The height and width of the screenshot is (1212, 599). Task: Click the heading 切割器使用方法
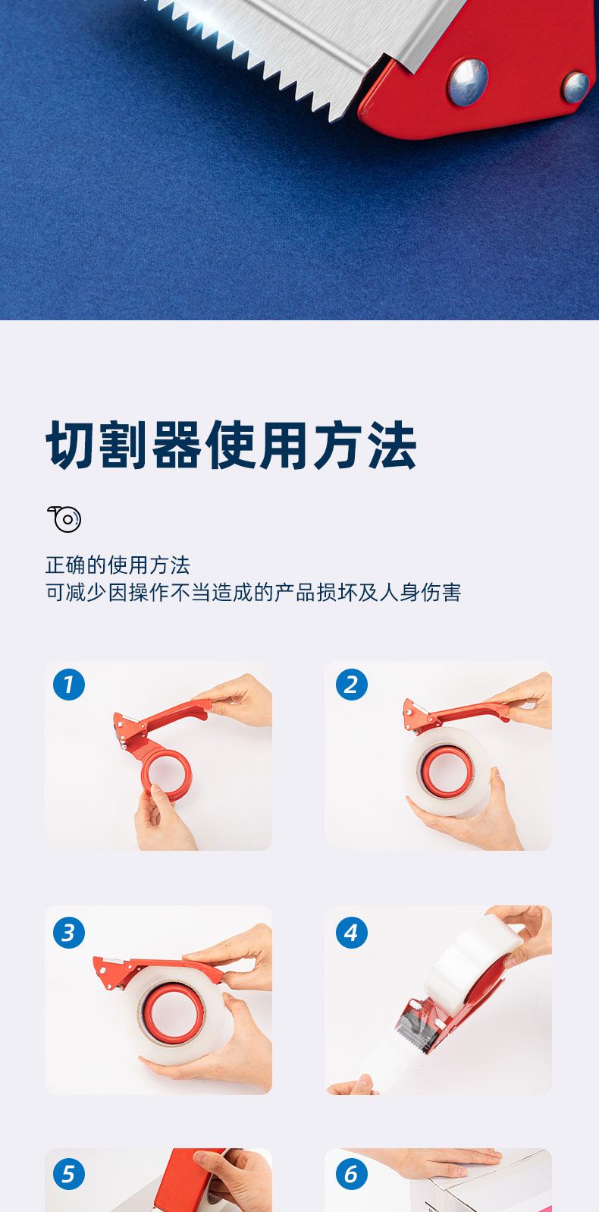pyautogui.click(x=231, y=445)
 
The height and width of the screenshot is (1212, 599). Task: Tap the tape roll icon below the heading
pyautogui.click(x=64, y=519)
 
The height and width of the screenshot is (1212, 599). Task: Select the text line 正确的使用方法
pyautogui.click(x=118, y=565)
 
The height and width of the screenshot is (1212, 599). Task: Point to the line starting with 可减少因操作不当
pyautogui.click(x=253, y=593)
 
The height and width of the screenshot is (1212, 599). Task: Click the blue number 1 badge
pyautogui.click(x=69, y=685)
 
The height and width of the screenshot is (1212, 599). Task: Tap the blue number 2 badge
pyautogui.click(x=351, y=685)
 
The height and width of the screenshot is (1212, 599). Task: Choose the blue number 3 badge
pyautogui.click(x=69, y=933)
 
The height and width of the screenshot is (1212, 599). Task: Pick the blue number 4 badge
pyautogui.click(x=351, y=933)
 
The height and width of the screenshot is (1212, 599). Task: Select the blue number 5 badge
pyautogui.click(x=69, y=1174)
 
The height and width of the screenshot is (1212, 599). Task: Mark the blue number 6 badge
pyautogui.click(x=351, y=1174)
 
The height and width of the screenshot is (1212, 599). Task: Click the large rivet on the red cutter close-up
pyautogui.click(x=468, y=82)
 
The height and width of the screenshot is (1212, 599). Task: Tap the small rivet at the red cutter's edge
pyautogui.click(x=575, y=87)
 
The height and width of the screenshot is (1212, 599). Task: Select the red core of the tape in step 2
pyautogui.click(x=445, y=770)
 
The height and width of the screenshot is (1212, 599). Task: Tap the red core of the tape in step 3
pyautogui.click(x=171, y=1011)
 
